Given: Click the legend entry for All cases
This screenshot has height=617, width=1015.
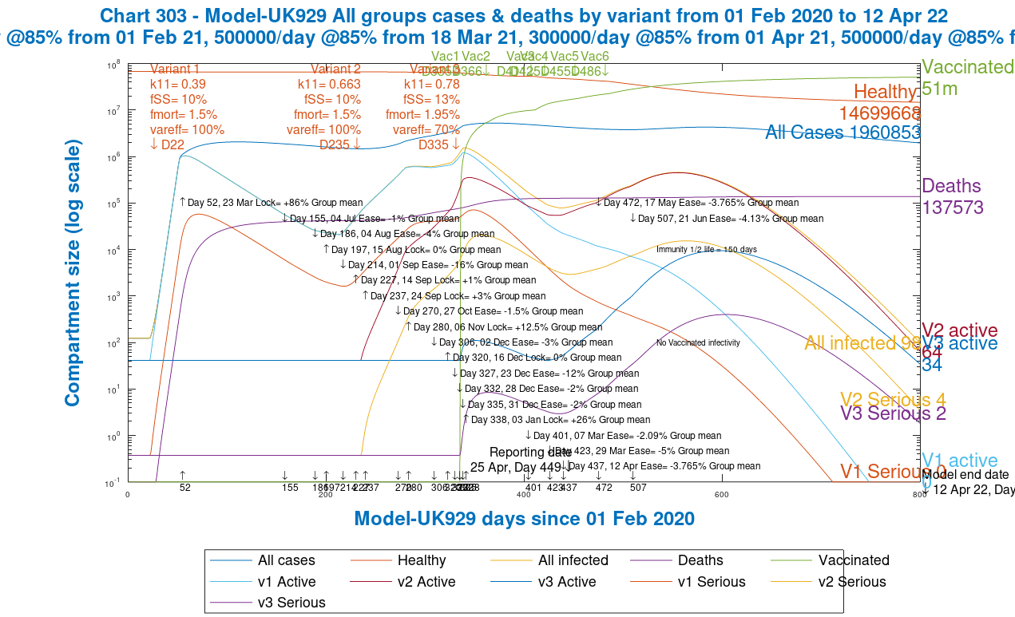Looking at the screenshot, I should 286,560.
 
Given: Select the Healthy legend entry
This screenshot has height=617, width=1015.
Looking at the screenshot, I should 421,560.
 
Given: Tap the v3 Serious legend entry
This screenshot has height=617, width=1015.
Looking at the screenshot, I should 291,603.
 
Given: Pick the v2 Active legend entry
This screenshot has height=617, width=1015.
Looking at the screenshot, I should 426,582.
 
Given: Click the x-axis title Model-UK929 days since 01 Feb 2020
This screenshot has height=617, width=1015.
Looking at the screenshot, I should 524,518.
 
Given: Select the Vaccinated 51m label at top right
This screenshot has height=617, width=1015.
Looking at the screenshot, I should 967,77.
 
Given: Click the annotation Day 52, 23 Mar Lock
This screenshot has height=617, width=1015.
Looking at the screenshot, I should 271,203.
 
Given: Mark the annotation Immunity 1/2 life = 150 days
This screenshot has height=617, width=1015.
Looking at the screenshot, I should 706,250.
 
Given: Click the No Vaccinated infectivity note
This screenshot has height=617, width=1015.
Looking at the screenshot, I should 698,343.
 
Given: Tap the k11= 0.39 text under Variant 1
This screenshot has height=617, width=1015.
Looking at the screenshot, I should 178,85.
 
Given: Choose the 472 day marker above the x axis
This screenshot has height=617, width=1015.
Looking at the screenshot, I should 604,487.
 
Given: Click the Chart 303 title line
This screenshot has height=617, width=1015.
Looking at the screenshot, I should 525,15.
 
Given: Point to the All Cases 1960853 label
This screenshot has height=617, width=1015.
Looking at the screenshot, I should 843,132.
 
